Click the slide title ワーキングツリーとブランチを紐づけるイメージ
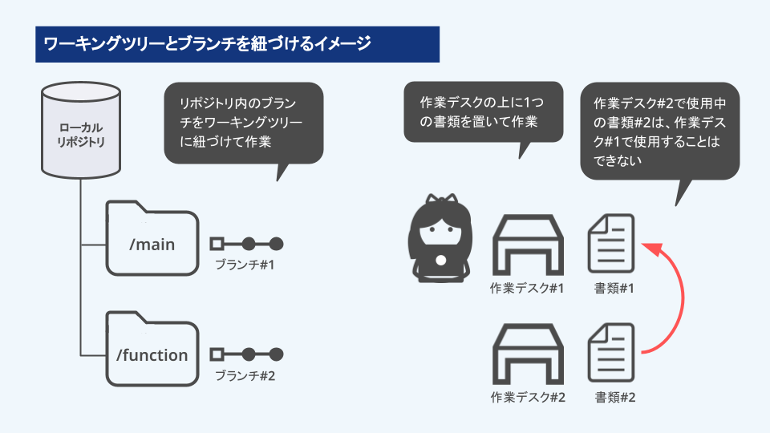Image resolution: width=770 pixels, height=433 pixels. point(207,44)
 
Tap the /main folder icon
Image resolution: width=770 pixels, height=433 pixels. point(152,241)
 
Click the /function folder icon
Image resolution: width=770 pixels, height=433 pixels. point(152,352)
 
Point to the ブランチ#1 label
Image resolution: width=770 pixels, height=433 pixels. point(245,265)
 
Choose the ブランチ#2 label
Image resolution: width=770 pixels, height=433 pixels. point(245,374)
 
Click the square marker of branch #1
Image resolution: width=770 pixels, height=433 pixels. point(215,244)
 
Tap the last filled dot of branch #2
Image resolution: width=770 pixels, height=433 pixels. point(276,354)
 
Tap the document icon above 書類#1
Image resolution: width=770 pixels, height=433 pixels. point(611,243)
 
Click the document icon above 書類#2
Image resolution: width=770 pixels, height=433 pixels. point(611,354)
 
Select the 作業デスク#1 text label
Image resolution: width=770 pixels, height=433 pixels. point(527,288)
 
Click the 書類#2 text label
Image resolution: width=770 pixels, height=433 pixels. point(615,397)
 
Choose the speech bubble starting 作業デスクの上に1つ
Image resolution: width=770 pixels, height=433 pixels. point(484,112)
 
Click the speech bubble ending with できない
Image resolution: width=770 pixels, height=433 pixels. point(659,132)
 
